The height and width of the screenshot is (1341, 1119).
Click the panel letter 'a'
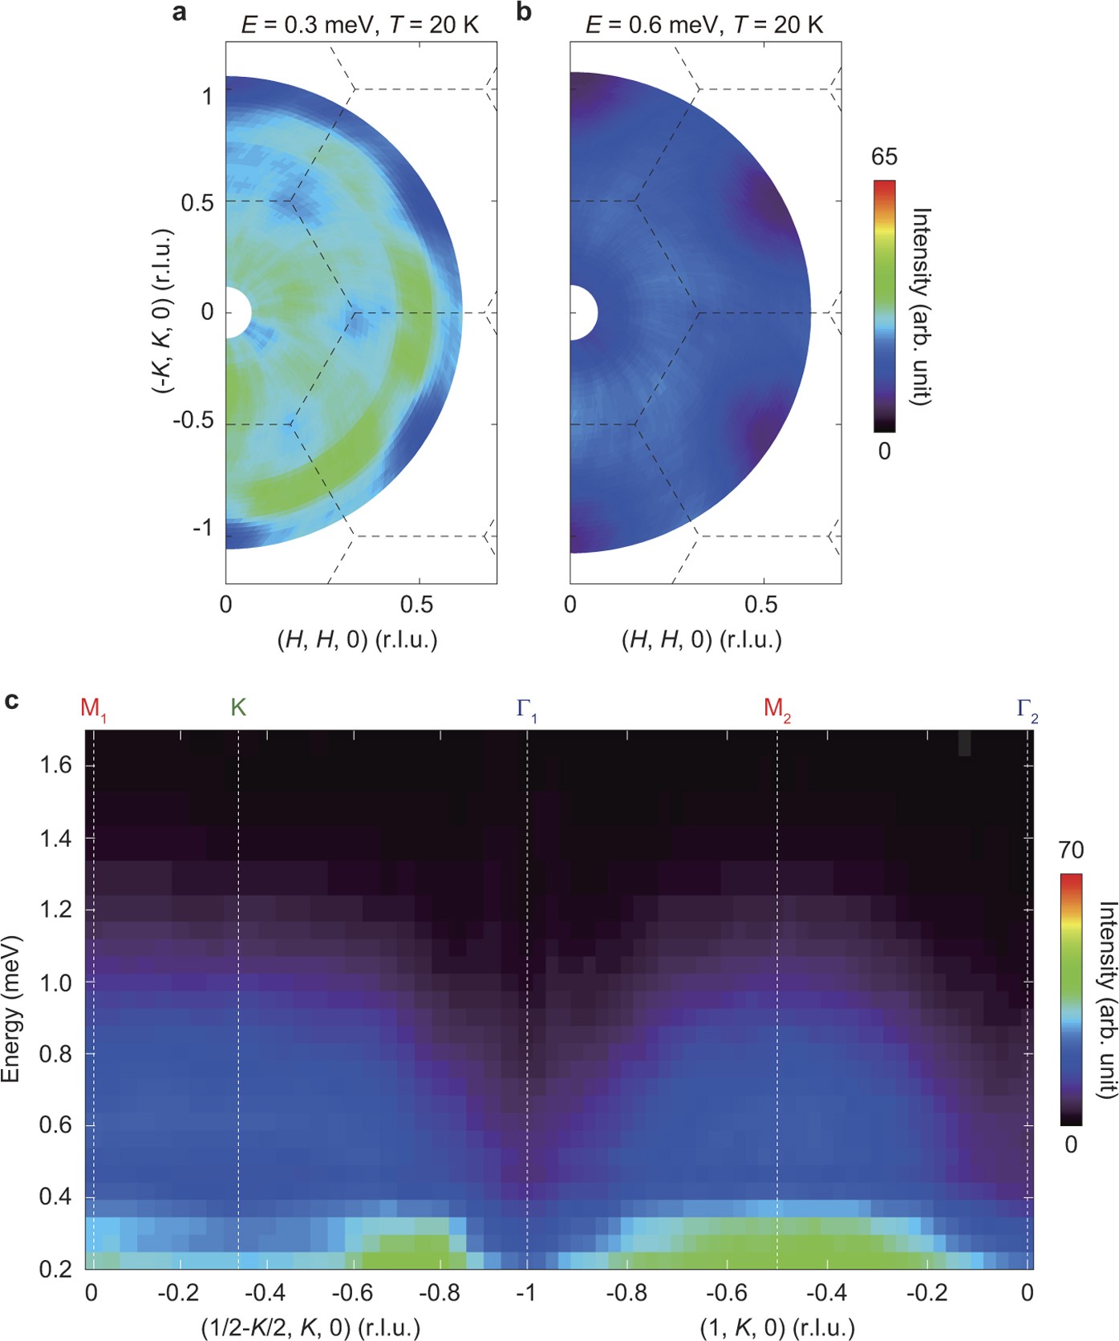coord(180,13)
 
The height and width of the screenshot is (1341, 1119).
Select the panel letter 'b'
coord(524,13)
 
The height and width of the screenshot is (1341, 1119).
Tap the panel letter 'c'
coord(12,701)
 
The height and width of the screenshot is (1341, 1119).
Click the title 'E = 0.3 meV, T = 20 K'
coord(360,26)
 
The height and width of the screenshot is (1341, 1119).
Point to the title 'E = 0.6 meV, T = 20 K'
coord(704,26)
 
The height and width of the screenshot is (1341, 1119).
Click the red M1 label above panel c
coord(92,708)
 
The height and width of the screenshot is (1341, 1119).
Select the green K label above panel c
coord(238,707)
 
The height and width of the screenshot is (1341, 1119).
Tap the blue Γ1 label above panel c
coord(526,709)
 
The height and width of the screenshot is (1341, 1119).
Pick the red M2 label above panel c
coord(776,708)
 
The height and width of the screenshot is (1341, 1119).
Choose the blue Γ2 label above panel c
coord(1028,709)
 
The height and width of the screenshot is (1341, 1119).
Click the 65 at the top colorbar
coord(884,156)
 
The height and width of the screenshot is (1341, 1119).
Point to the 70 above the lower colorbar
coord(1071,850)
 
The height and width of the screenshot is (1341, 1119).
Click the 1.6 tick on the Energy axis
coord(55,766)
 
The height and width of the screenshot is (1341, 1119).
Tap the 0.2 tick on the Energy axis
coord(55,1268)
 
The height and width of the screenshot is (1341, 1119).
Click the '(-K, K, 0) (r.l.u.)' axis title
coord(163,311)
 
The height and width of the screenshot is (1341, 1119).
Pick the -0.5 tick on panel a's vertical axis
coord(193,420)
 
